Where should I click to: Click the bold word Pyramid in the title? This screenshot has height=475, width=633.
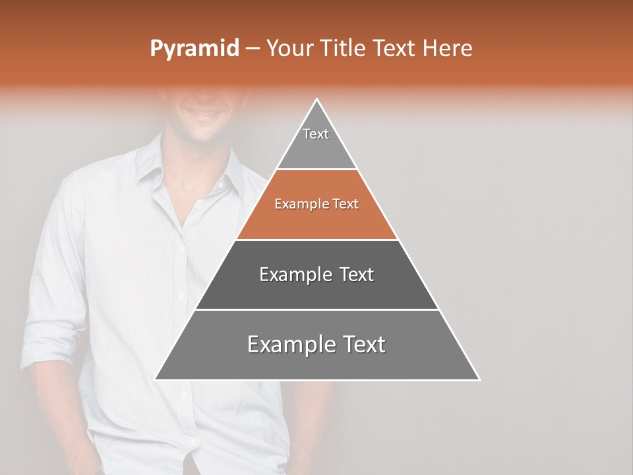coord(194,49)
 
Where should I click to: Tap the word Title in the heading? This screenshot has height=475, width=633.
coord(344,49)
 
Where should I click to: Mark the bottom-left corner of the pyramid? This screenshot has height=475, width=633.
coord(156,379)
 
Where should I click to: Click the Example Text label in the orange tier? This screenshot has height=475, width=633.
coord(316,204)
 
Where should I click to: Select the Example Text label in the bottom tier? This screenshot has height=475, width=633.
coord(316,344)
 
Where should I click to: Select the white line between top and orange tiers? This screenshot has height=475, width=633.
coord(316,170)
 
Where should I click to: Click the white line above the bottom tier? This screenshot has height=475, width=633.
coord(316,309)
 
